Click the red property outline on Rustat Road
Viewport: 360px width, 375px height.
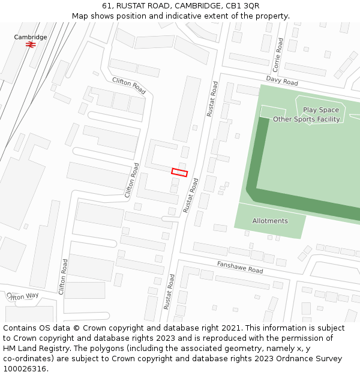click(x=179, y=172)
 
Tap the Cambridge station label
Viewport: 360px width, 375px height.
click(x=31, y=37)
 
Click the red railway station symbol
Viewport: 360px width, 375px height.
click(x=31, y=44)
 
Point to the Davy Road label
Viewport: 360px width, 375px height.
click(x=282, y=81)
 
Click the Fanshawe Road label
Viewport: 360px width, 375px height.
click(x=240, y=267)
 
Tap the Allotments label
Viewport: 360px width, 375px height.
click(x=270, y=221)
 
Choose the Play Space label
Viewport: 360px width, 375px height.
click(x=320, y=110)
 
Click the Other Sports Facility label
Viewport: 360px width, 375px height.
click(x=306, y=119)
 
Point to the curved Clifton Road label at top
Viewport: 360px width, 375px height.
click(x=129, y=86)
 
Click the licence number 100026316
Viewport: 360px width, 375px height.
click(x=25, y=368)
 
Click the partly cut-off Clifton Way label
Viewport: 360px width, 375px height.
click(x=23, y=296)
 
